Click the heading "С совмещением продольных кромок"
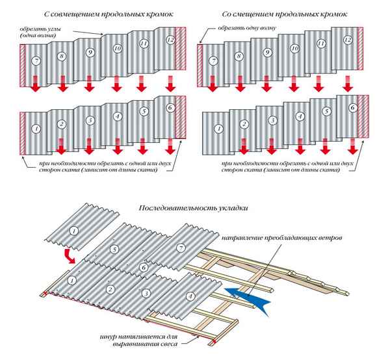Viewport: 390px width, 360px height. tap(95, 14)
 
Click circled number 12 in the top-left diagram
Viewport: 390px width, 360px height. tap(170, 40)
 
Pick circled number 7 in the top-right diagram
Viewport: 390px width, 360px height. tap(213, 61)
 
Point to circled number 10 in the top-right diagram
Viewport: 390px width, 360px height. tap(294, 48)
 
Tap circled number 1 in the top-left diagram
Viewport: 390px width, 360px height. tap(36, 129)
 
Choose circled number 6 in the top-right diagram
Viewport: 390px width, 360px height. tap(352, 107)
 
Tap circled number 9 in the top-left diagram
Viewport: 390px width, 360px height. tap(90, 52)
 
